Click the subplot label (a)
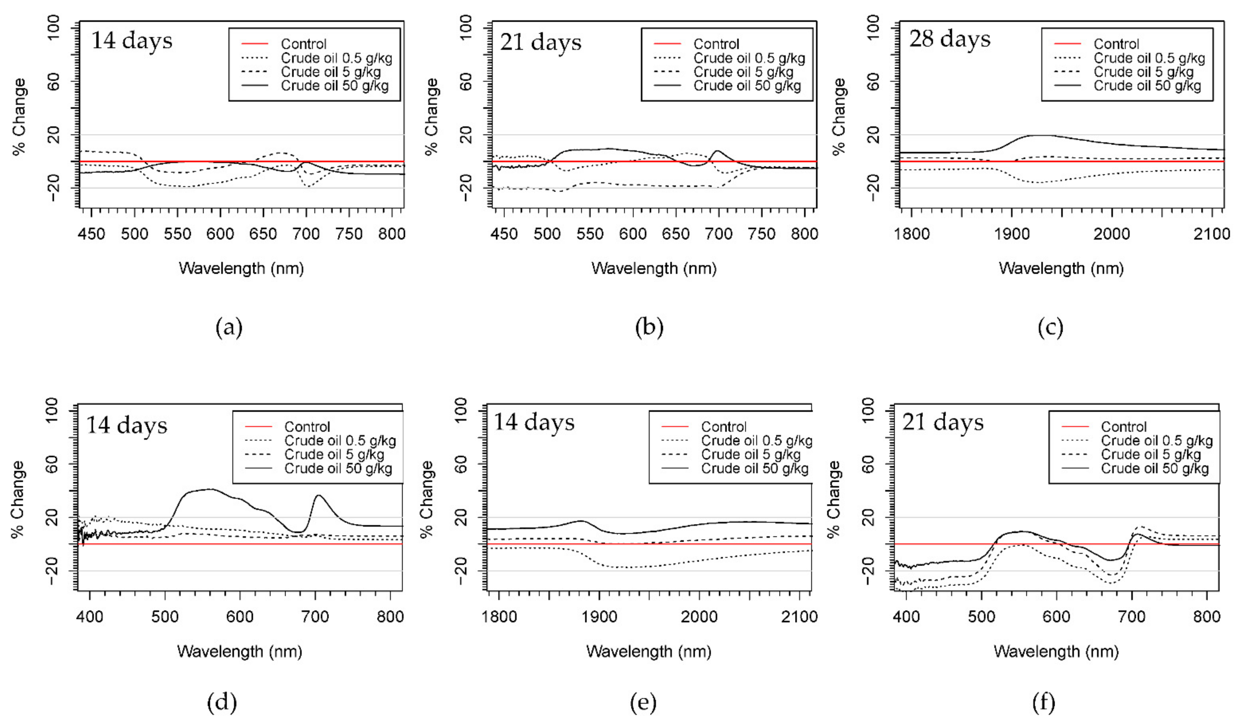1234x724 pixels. coord(229,327)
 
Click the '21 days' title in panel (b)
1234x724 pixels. coord(541,42)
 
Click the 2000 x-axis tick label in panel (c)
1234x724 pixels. coord(1112,234)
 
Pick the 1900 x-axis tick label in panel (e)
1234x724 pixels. coord(599,616)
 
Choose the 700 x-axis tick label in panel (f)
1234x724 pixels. coord(1132,616)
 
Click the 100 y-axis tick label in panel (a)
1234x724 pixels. coord(53,28)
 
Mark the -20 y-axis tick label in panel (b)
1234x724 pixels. coord(466,188)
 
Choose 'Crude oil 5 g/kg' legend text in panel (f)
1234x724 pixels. coord(1151,455)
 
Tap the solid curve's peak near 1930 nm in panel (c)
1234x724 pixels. coord(1040,135)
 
